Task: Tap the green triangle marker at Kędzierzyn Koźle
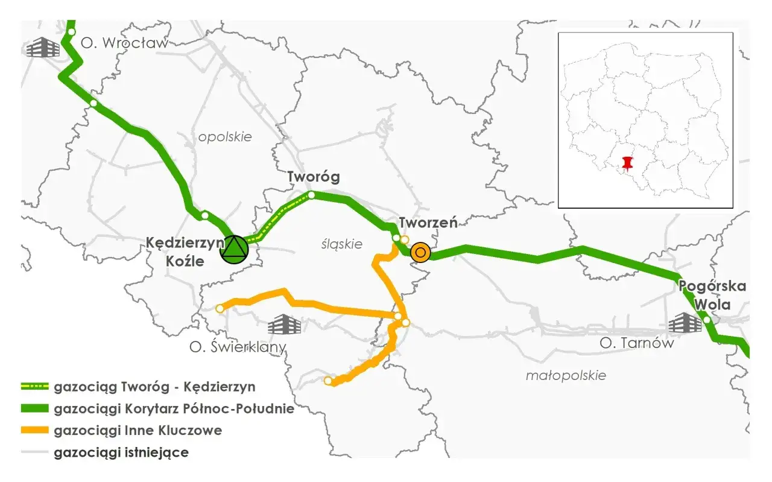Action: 234,249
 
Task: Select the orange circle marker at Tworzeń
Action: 420,253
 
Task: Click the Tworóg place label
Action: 313,177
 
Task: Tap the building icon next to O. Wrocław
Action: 43,46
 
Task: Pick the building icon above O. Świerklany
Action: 284,325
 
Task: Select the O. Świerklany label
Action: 238,347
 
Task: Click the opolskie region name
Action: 225,136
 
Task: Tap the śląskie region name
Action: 341,244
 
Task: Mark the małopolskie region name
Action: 565,375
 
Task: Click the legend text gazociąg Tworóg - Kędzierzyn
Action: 154,387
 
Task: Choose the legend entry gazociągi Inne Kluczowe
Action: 138,431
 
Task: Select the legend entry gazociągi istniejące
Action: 121,452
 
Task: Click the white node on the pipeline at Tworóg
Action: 312,195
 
